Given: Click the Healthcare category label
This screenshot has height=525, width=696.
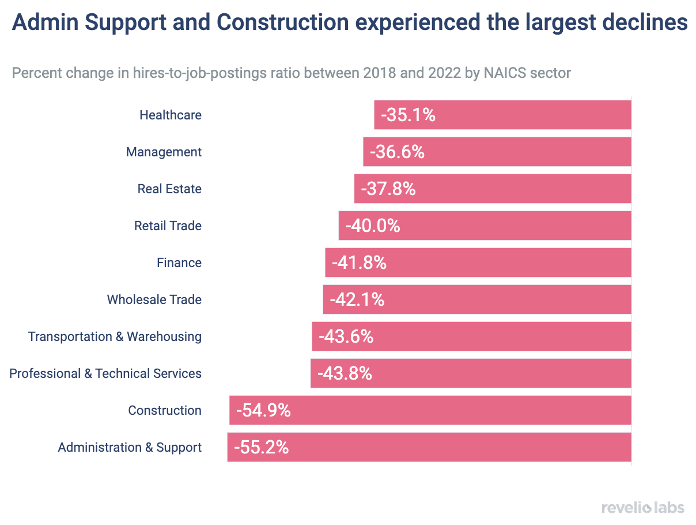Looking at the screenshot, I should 171,115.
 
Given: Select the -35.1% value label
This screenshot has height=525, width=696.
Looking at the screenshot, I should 408,115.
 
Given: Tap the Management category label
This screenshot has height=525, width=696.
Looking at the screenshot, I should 164,152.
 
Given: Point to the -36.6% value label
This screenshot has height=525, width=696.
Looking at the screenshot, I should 397,152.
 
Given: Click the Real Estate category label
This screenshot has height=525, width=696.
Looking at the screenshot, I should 169,189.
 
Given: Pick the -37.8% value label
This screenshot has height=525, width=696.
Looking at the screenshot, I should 388,189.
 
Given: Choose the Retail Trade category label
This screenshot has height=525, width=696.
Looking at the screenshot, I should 168,226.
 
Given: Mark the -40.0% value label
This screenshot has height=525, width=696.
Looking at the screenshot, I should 373,226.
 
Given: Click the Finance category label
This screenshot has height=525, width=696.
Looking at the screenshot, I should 179,262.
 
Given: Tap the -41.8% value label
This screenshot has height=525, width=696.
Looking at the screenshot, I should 359,262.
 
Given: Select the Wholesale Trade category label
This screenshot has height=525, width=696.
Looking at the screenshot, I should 154,299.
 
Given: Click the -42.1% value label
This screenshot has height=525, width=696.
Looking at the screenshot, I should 357,299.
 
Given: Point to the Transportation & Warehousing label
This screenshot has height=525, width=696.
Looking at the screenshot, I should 115,336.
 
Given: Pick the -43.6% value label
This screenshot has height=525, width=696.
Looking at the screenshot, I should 346,336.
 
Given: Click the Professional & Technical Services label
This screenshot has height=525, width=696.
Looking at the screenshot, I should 105,373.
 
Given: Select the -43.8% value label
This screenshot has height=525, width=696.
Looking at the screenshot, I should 345,373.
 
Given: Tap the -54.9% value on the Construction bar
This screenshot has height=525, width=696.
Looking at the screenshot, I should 263,410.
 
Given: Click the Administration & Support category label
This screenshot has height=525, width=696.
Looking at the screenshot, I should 130,447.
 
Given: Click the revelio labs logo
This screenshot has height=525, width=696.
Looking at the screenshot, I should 643,508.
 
